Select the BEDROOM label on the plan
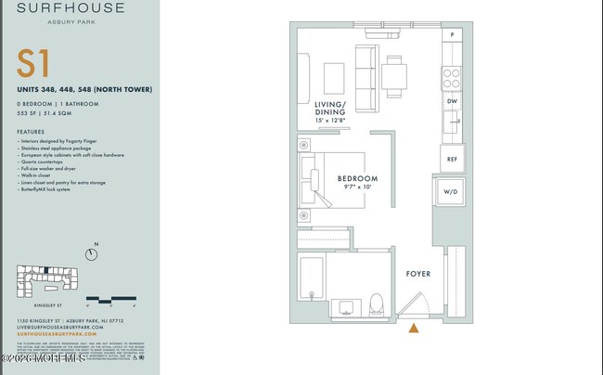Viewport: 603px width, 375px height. [x=357, y=177]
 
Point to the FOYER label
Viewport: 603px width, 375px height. [x=418, y=274]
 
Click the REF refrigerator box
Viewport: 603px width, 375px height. [x=452, y=159]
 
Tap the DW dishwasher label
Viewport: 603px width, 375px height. [x=452, y=102]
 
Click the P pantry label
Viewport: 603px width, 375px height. [x=452, y=35]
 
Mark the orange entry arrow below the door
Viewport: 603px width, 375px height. [x=414, y=327]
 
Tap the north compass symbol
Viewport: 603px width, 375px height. [x=92, y=252]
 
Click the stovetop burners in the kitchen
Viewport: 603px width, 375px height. [x=451, y=73]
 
